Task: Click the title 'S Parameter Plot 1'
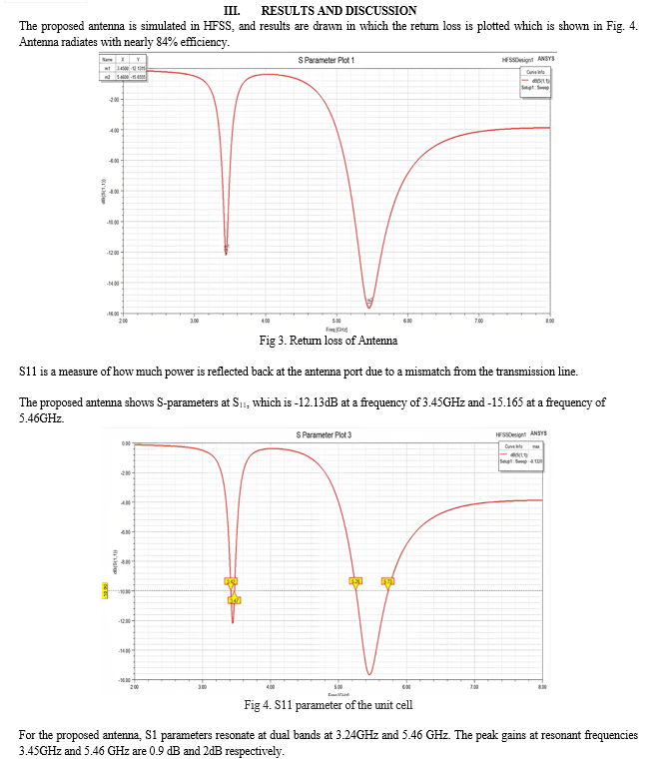pyautogui.click(x=328, y=61)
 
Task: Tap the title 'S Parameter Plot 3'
pyautogui.click(x=324, y=434)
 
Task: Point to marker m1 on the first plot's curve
pyautogui.click(x=227, y=247)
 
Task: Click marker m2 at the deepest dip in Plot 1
pyautogui.click(x=369, y=302)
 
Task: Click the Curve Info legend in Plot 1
pyautogui.click(x=533, y=80)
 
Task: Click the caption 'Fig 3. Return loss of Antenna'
pyautogui.click(x=328, y=342)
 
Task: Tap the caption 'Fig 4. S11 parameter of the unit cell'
pyautogui.click(x=329, y=707)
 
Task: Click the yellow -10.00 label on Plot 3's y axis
pyautogui.click(x=106, y=591)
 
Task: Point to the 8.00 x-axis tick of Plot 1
pyautogui.click(x=549, y=321)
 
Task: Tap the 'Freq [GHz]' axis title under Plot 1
pyautogui.click(x=335, y=329)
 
